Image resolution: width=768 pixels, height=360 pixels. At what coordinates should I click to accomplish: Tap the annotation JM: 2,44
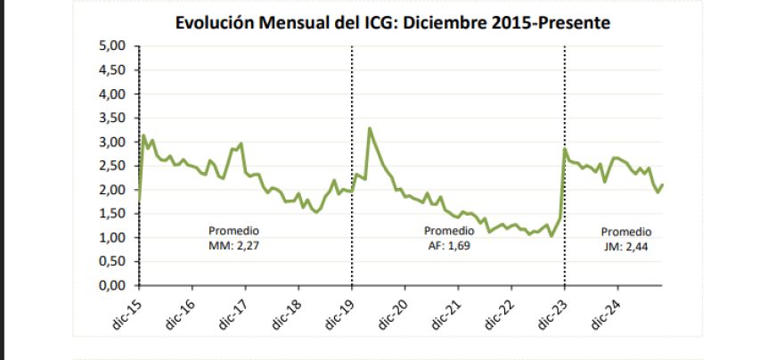pos(628,244)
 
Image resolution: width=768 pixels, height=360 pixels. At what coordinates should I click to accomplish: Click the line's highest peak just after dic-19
pos(370,128)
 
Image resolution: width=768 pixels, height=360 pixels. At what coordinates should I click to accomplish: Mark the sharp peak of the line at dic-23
pos(566,150)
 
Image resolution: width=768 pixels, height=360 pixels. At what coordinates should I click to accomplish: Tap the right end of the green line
pos(663,184)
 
